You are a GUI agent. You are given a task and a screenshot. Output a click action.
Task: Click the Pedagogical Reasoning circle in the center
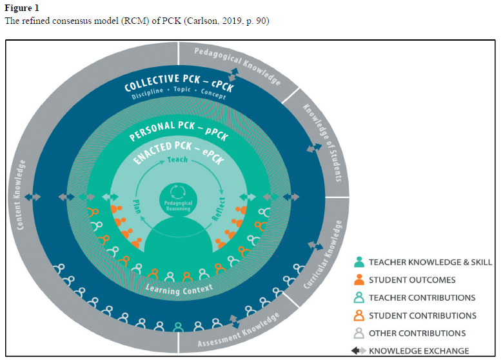178,199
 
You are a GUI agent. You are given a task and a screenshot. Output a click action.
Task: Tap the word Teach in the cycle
177,159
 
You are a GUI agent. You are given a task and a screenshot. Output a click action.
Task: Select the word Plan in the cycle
137,206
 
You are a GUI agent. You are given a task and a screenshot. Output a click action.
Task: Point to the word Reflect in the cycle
219,209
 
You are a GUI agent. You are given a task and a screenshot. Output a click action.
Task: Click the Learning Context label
179,290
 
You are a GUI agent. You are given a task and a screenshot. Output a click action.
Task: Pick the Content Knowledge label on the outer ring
21,195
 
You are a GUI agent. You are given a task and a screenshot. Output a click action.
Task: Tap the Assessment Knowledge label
239,330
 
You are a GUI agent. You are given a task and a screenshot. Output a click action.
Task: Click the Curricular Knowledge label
323,254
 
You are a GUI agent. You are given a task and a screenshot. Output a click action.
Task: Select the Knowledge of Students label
322,143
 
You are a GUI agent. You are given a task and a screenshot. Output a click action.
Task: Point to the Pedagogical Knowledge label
238,66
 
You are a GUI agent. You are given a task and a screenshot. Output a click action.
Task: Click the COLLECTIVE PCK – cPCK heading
179,83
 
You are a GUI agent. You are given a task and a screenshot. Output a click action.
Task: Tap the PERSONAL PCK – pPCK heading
179,130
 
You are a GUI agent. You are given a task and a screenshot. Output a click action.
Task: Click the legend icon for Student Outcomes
359,279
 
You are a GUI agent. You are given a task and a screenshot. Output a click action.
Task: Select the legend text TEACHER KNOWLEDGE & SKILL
430,262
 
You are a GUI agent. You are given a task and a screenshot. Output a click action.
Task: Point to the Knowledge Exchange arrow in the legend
359,351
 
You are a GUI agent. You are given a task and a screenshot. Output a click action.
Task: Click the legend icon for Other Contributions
359,333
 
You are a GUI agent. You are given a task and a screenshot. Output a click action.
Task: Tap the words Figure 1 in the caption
22,8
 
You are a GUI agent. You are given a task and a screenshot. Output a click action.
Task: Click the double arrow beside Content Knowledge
33,197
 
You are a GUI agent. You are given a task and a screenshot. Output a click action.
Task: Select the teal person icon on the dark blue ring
179,327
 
